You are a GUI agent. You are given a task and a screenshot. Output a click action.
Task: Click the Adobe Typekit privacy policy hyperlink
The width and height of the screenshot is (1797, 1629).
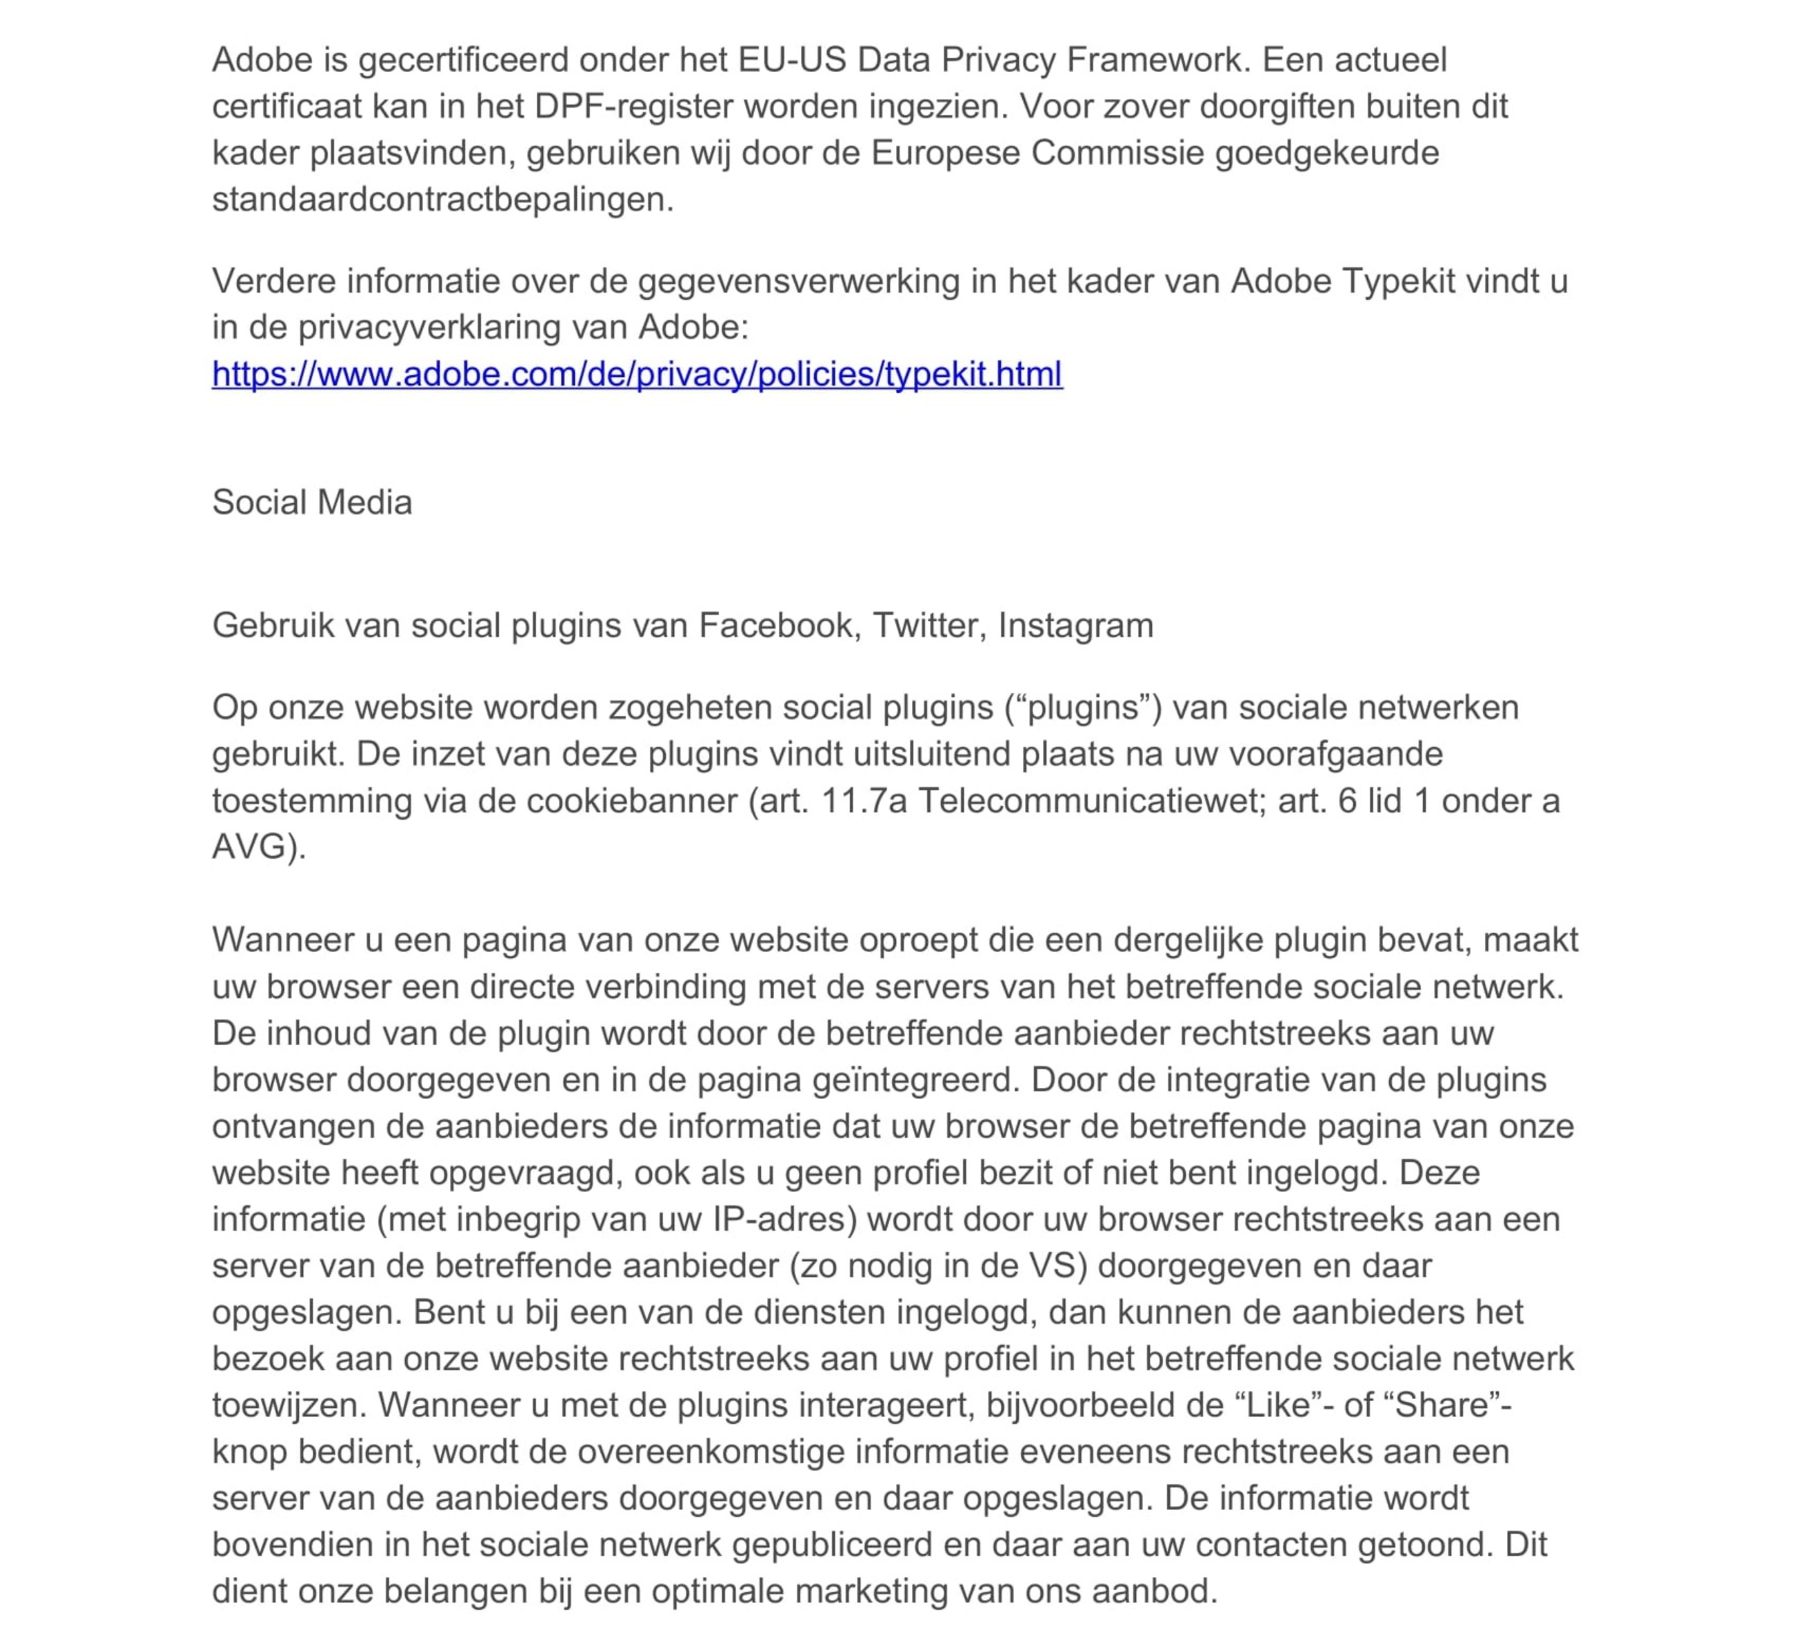click(636, 374)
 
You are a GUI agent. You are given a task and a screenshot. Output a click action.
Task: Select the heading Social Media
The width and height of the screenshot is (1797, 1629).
click(312, 502)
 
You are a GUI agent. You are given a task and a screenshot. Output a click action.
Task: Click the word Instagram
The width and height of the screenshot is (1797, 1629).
click(1075, 625)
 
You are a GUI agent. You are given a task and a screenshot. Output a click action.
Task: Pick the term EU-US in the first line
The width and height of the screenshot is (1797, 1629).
click(792, 59)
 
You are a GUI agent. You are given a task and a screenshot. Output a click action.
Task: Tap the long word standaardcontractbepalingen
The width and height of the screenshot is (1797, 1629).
click(441, 198)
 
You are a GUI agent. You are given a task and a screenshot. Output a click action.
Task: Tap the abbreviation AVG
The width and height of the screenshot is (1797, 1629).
click(251, 847)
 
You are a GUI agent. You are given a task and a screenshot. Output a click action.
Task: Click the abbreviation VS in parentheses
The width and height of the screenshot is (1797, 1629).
click(1053, 1266)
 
